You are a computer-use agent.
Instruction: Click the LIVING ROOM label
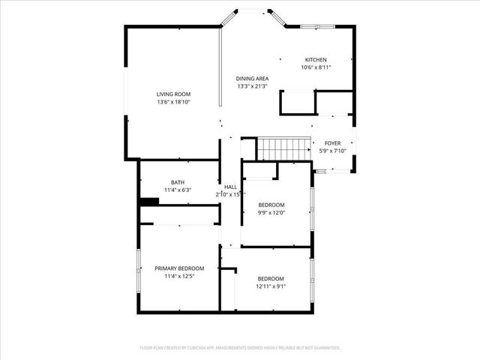[173, 94]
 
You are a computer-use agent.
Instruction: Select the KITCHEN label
[315, 60]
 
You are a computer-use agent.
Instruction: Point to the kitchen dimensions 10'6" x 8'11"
[316, 67]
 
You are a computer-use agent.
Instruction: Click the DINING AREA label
[252, 78]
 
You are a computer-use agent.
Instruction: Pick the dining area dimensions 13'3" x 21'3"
[252, 85]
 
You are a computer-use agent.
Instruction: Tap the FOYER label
[332, 143]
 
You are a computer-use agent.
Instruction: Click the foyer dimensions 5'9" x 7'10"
[332, 151]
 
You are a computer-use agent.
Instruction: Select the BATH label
[177, 182]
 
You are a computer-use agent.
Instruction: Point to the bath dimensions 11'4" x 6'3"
[177, 190]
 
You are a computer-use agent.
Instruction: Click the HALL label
[230, 187]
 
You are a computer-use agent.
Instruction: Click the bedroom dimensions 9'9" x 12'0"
[271, 212]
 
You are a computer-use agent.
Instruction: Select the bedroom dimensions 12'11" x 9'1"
[271, 285]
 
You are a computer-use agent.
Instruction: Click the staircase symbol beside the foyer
[283, 148]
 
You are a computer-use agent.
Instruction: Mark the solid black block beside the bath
[149, 201]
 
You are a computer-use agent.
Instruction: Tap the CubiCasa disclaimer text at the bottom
[240, 348]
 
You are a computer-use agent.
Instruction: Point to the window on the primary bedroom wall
[139, 267]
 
